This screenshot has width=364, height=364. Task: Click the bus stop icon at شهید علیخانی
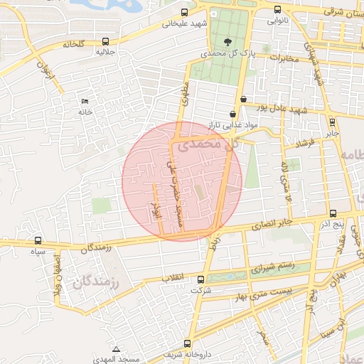[185, 12]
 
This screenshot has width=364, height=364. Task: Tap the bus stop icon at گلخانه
[106, 41]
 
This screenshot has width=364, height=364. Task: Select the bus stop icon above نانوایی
[277, 10]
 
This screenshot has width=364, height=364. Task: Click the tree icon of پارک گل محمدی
[227, 42]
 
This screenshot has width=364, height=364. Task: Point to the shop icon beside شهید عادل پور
[244, 99]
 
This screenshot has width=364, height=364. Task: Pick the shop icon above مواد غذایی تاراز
[232, 114]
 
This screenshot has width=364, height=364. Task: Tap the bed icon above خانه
[86, 101]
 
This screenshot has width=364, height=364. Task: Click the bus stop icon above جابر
[333, 121]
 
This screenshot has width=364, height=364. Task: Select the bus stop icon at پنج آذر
[333, 213]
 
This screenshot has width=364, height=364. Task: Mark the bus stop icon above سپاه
[38, 240]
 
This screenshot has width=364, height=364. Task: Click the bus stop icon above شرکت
[200, 279]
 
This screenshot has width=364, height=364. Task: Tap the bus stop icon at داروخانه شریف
[188, 343]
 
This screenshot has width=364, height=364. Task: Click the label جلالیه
[106, 52]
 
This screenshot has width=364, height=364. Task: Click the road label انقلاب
[173, 276]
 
